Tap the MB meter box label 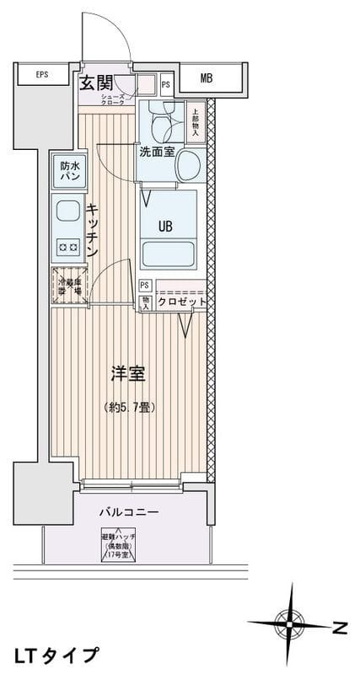tap(207, 80)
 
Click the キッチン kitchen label tap(93, 230)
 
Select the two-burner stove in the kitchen tap(67, 248)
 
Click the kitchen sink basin tap(66, 211)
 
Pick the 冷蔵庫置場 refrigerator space tap(69, 286)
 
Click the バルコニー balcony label tap(129, 511)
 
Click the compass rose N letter tap(340, 627)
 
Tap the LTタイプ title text tap(56, 655)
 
